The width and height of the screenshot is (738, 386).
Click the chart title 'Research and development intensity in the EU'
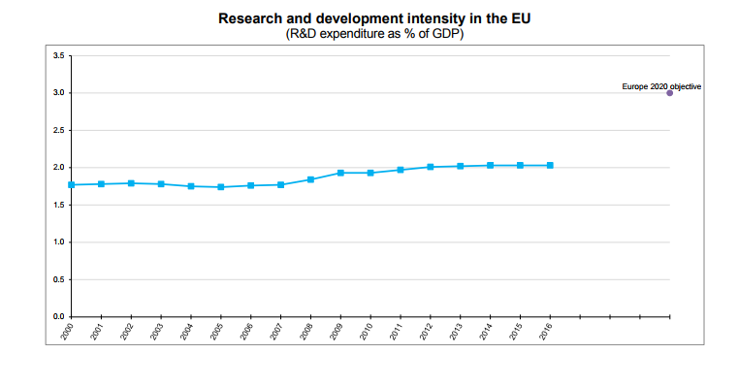tap(374, 18)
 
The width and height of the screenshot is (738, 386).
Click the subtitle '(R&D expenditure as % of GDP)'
tap(374, 34)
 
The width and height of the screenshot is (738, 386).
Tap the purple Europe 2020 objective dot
tap(670, 93)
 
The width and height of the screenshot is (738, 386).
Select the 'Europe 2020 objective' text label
tap(661, 86)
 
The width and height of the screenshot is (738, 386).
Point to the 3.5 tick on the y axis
tap(59, 55)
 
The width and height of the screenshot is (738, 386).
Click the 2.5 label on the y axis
tap(59, 130)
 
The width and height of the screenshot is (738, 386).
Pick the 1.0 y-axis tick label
tap(59, 241)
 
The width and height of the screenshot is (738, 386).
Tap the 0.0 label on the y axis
tap(59, 317)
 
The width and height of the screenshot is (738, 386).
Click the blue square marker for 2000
tap(72, 185)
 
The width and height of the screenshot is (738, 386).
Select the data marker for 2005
tap(221, 187)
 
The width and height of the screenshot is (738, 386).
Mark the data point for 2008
tap(310, 179)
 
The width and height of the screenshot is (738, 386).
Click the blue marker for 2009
tap(340, 173)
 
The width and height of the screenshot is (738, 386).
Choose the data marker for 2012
tap(431, 167)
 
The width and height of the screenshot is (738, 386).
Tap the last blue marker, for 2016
tap(550, 165)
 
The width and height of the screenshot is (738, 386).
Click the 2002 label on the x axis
tap(127, 332)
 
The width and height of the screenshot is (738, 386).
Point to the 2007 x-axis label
tap(275, 332)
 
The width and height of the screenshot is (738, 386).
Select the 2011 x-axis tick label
tap(396, 332)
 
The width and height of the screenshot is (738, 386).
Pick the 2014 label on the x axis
tap(485, 332)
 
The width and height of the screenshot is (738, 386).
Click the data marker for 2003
tap(161, 184)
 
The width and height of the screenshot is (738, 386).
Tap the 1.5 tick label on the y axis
tap(59, 205)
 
